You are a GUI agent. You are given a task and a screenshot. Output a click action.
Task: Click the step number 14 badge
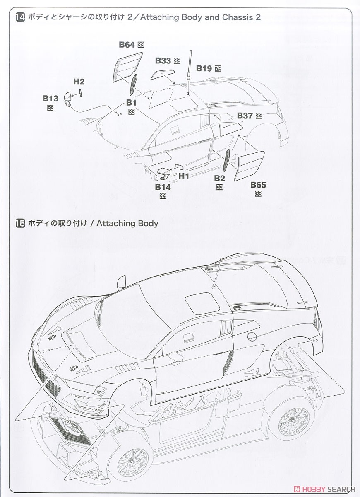(x=20, y=17)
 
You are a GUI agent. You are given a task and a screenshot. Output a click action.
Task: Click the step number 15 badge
(x=20, y=223)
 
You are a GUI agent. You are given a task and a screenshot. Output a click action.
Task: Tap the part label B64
(x=127, y=45)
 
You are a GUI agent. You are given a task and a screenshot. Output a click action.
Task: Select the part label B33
(x=163, y=60)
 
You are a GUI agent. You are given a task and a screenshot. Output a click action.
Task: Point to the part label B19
(x=204, y=68)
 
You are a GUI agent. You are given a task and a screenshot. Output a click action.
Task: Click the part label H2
(x=79, y=82)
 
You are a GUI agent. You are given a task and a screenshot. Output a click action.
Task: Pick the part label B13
(x=50, y=98)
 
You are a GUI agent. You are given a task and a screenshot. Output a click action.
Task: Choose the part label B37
(x=245, y=116)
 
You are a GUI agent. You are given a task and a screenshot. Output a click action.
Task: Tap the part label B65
(x=258, y=185)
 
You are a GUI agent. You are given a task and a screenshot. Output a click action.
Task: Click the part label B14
(x=163, y=187)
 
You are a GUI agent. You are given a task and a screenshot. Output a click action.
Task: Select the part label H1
(x=184, y=176)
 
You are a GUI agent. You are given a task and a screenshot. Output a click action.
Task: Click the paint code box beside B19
(x=218, y=69)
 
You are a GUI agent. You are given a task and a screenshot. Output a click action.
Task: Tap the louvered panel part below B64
(x=127, y=68)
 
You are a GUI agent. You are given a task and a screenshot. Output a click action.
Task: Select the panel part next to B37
(x=230, y=129)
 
